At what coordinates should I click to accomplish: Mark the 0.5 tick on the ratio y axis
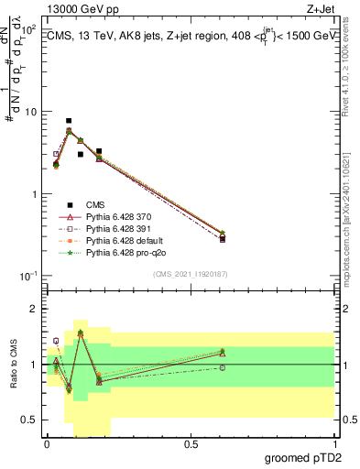[x=30, y=420]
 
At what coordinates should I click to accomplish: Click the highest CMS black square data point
[x=69, y=121]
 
